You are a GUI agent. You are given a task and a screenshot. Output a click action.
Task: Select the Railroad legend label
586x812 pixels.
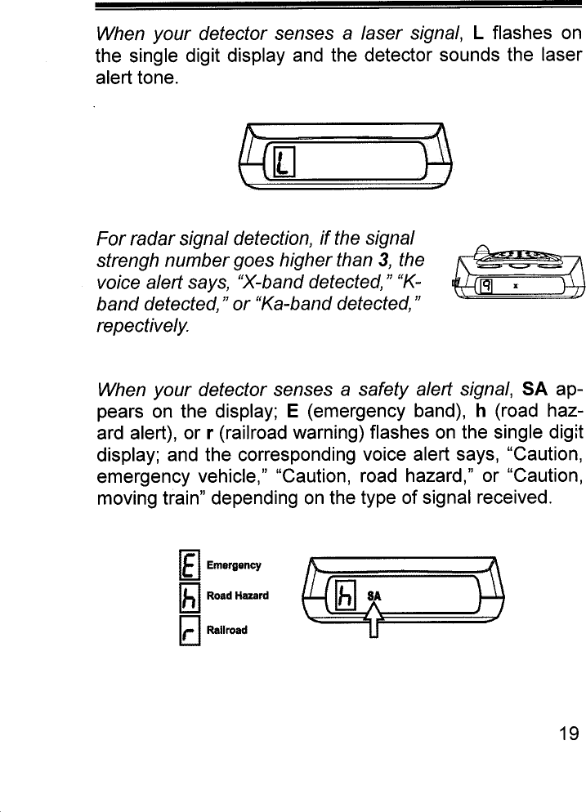228,630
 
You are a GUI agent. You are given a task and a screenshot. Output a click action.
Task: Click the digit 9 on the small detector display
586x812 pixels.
485,285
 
